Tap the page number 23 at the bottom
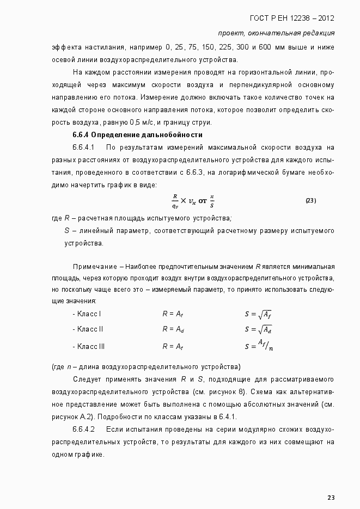pos(331,497)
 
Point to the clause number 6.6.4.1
pos(84,148)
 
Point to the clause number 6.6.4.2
pos(84,429)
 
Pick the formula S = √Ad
pos(258,329)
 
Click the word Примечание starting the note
pos(95,266)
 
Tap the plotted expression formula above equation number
pos(193,201)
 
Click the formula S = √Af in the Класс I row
pos(258,314)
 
